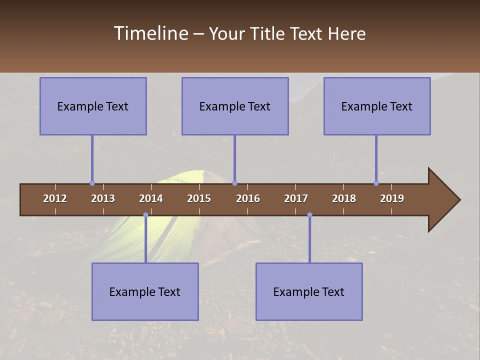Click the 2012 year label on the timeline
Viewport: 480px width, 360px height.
(x=55, y=198)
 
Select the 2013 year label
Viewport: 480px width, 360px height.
(x=103, y=198)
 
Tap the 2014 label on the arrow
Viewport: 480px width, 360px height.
(x=151, y=198)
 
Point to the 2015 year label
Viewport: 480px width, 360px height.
(x=199, y=198)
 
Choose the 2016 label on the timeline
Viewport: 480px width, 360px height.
(x=248, y=198)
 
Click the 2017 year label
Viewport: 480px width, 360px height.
(x=296, y=198)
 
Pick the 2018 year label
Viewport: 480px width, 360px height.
(x=344, y=198)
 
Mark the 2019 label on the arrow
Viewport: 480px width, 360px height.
(x=392, y=198)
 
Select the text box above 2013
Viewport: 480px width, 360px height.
(x=93, y=106)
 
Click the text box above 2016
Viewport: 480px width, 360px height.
(x=235, y=106)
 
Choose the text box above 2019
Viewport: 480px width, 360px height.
(x=377, y=106)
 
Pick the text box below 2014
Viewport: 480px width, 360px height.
(x=145, y=291)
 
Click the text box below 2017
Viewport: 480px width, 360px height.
(x=309, y=291)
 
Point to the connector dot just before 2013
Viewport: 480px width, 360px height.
(x=92, y=183)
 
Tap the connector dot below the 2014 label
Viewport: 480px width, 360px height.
(x=145, y=215)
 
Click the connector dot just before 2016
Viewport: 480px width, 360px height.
(x=234, y=183)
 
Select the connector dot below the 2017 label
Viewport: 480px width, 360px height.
(x=309, y=215)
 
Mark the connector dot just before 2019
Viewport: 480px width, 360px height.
(x=376, y=183)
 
